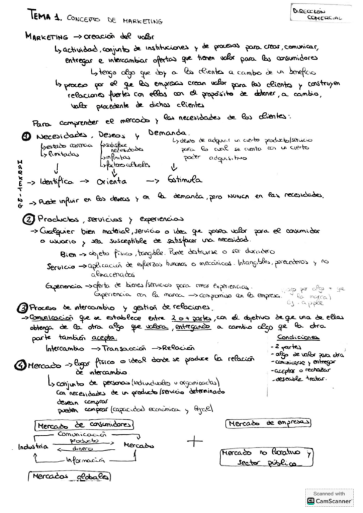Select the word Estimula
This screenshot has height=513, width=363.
click(181, 180)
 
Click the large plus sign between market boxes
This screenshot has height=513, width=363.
click(195, 442)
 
